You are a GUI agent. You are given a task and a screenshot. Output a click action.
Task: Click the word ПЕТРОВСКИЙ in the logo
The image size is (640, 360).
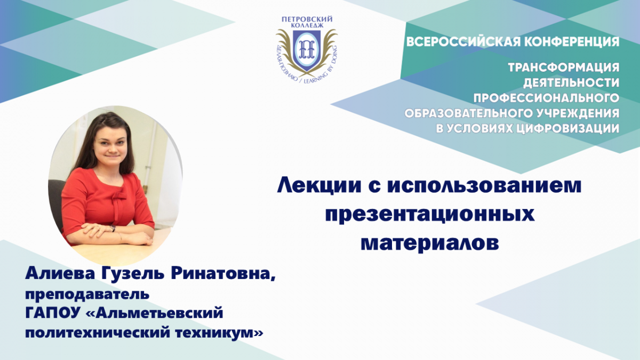[x=307, y=19]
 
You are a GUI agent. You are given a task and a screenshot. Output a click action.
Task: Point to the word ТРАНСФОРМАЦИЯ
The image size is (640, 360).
[x=564, y=68]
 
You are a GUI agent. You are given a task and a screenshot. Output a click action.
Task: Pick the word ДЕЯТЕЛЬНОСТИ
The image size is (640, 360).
[x=571, y=83]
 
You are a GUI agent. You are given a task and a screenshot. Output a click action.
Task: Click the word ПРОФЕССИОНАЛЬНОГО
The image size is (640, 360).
[x=546, y=98]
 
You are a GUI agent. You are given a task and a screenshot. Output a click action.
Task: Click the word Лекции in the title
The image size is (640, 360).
[x=320, y=186]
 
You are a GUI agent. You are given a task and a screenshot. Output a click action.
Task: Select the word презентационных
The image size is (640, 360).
[x=430, y=215]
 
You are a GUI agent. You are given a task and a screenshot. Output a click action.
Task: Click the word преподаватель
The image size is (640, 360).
[x=87, y=294]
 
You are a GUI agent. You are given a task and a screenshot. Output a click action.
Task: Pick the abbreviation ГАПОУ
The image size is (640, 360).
[x=52, y=313]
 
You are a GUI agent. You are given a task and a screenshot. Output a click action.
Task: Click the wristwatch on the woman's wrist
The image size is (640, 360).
[x=113, y=228]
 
